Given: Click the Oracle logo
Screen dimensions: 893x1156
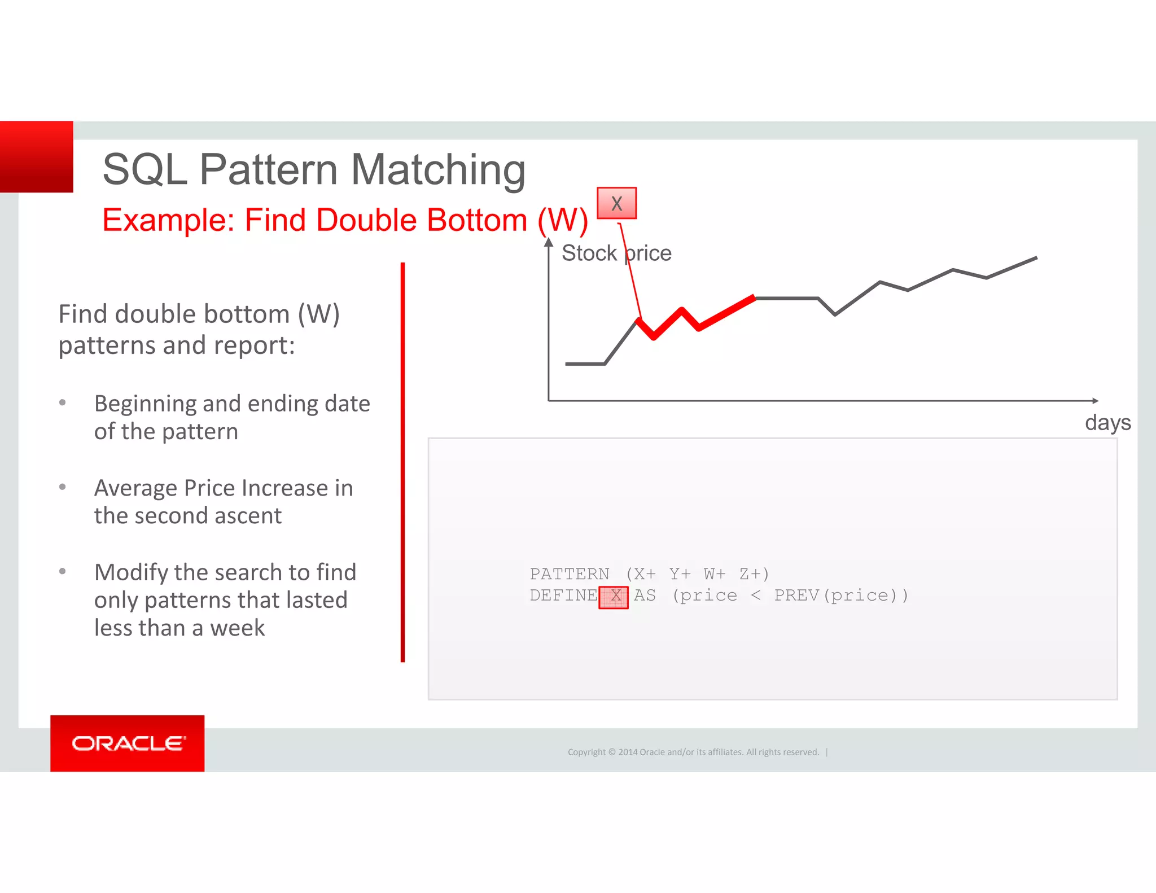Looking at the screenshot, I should click(128, 743).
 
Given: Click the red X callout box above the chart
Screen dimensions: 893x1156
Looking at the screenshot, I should click(616, 203).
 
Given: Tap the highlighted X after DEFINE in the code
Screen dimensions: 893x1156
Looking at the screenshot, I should click(614, 597).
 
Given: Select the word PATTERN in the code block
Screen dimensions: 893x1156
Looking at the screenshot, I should click(569, 574).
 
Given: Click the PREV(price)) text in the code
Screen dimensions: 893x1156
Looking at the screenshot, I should click(841, 596).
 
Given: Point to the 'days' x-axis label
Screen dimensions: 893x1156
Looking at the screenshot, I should click(1107, 422).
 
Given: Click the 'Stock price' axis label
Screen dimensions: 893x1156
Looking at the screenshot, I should click(616, 253).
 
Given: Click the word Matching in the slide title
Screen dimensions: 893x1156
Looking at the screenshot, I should click(438, 169).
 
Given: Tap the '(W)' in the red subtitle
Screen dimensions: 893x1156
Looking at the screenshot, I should click(562, 220).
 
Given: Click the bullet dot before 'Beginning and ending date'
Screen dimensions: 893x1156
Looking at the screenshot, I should click(63, 403).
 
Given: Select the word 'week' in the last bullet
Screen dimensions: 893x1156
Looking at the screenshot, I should click(237, 628).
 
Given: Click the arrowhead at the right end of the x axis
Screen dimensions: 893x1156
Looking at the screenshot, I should click(1095, 401).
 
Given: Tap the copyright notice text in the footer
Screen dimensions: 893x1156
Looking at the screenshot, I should click(693, 752).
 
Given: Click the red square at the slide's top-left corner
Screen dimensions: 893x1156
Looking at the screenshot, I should click(37, 157).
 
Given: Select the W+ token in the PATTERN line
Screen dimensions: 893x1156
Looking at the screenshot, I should click(714, 574).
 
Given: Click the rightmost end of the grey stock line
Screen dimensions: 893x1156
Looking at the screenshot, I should click(1036, 258).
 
